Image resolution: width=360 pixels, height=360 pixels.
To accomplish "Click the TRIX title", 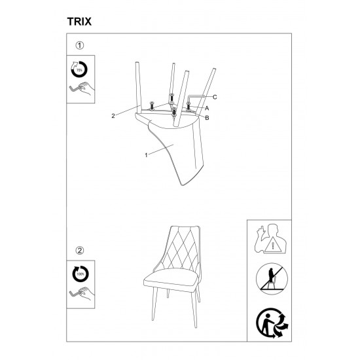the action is [79, 22].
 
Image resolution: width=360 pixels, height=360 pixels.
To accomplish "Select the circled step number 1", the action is [80, 45].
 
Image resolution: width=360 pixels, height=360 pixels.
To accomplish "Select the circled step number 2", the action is [80, 250].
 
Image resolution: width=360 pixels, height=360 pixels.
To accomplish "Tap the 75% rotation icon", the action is [79, 69].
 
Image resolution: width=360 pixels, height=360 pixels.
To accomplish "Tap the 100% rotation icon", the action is [80, 274].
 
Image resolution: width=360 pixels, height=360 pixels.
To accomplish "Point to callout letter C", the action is [215, 97].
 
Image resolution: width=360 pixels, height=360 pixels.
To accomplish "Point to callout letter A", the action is [207, 108].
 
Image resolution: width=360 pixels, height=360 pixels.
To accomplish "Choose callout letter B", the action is [207, 118].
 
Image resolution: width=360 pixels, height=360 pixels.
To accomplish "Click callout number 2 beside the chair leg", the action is [113, 116].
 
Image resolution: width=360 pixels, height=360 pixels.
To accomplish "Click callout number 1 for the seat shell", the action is [146, 155].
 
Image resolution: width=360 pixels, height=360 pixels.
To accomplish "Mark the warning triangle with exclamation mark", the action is [273, 245].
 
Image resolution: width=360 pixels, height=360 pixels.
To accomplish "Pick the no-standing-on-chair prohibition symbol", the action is [272, 279].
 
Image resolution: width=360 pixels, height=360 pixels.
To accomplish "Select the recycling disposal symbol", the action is [272, 323].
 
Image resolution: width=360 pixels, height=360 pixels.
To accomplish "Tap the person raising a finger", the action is [270, 238].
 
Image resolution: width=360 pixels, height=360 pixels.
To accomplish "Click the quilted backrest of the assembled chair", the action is [181, 248].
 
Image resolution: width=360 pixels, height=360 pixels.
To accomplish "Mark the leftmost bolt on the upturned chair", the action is [152, 106].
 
